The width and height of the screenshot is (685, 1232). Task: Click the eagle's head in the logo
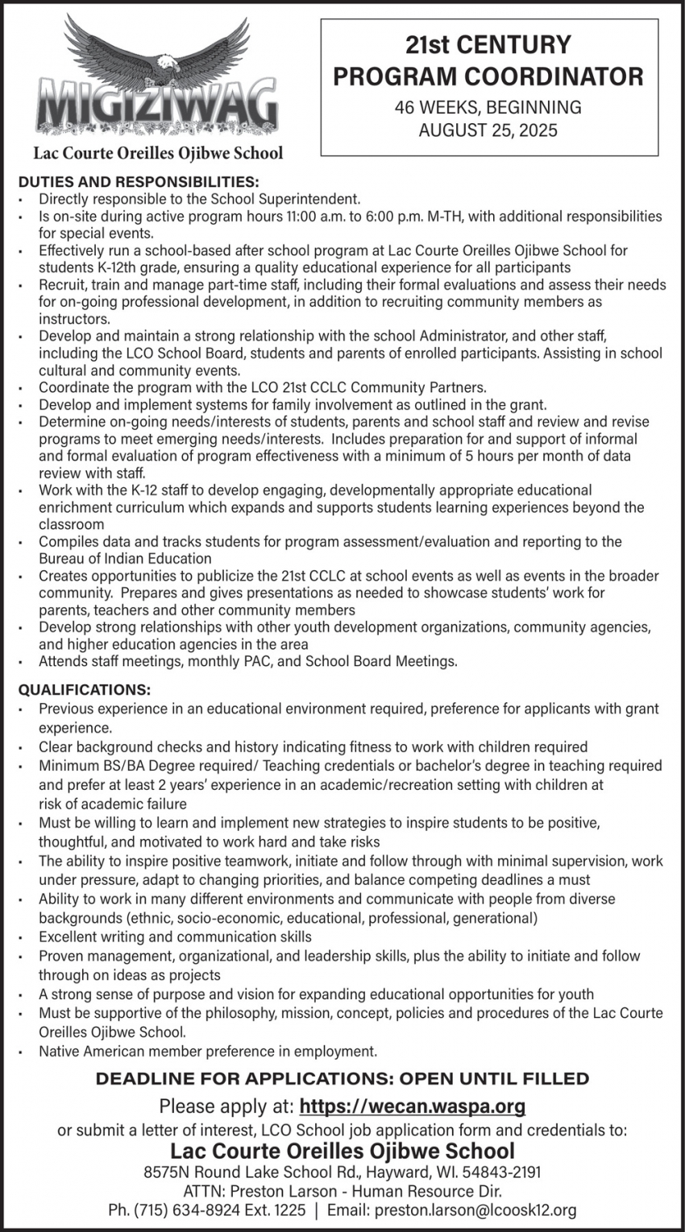pos(168,64)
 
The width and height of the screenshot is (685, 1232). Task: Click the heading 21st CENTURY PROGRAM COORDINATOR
pos(488,60)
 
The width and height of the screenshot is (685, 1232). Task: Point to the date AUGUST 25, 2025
pos(488,130)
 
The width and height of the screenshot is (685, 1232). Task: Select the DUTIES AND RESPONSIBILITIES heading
pos(139,182)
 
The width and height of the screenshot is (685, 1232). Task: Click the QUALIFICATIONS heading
pos(85,690)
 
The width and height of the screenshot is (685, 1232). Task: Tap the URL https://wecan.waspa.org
pos(413,1106)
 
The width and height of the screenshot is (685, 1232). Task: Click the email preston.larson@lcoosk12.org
pos(476,1210)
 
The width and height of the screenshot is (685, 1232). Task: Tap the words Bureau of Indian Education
pos(125,558)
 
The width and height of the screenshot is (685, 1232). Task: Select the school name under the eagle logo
pos(157,152)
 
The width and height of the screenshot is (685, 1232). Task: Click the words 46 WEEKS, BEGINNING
pos(488,107)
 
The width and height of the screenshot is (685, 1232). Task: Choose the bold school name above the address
pos(342,1151)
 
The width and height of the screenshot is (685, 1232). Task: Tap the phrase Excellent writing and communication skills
pos(175,936)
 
